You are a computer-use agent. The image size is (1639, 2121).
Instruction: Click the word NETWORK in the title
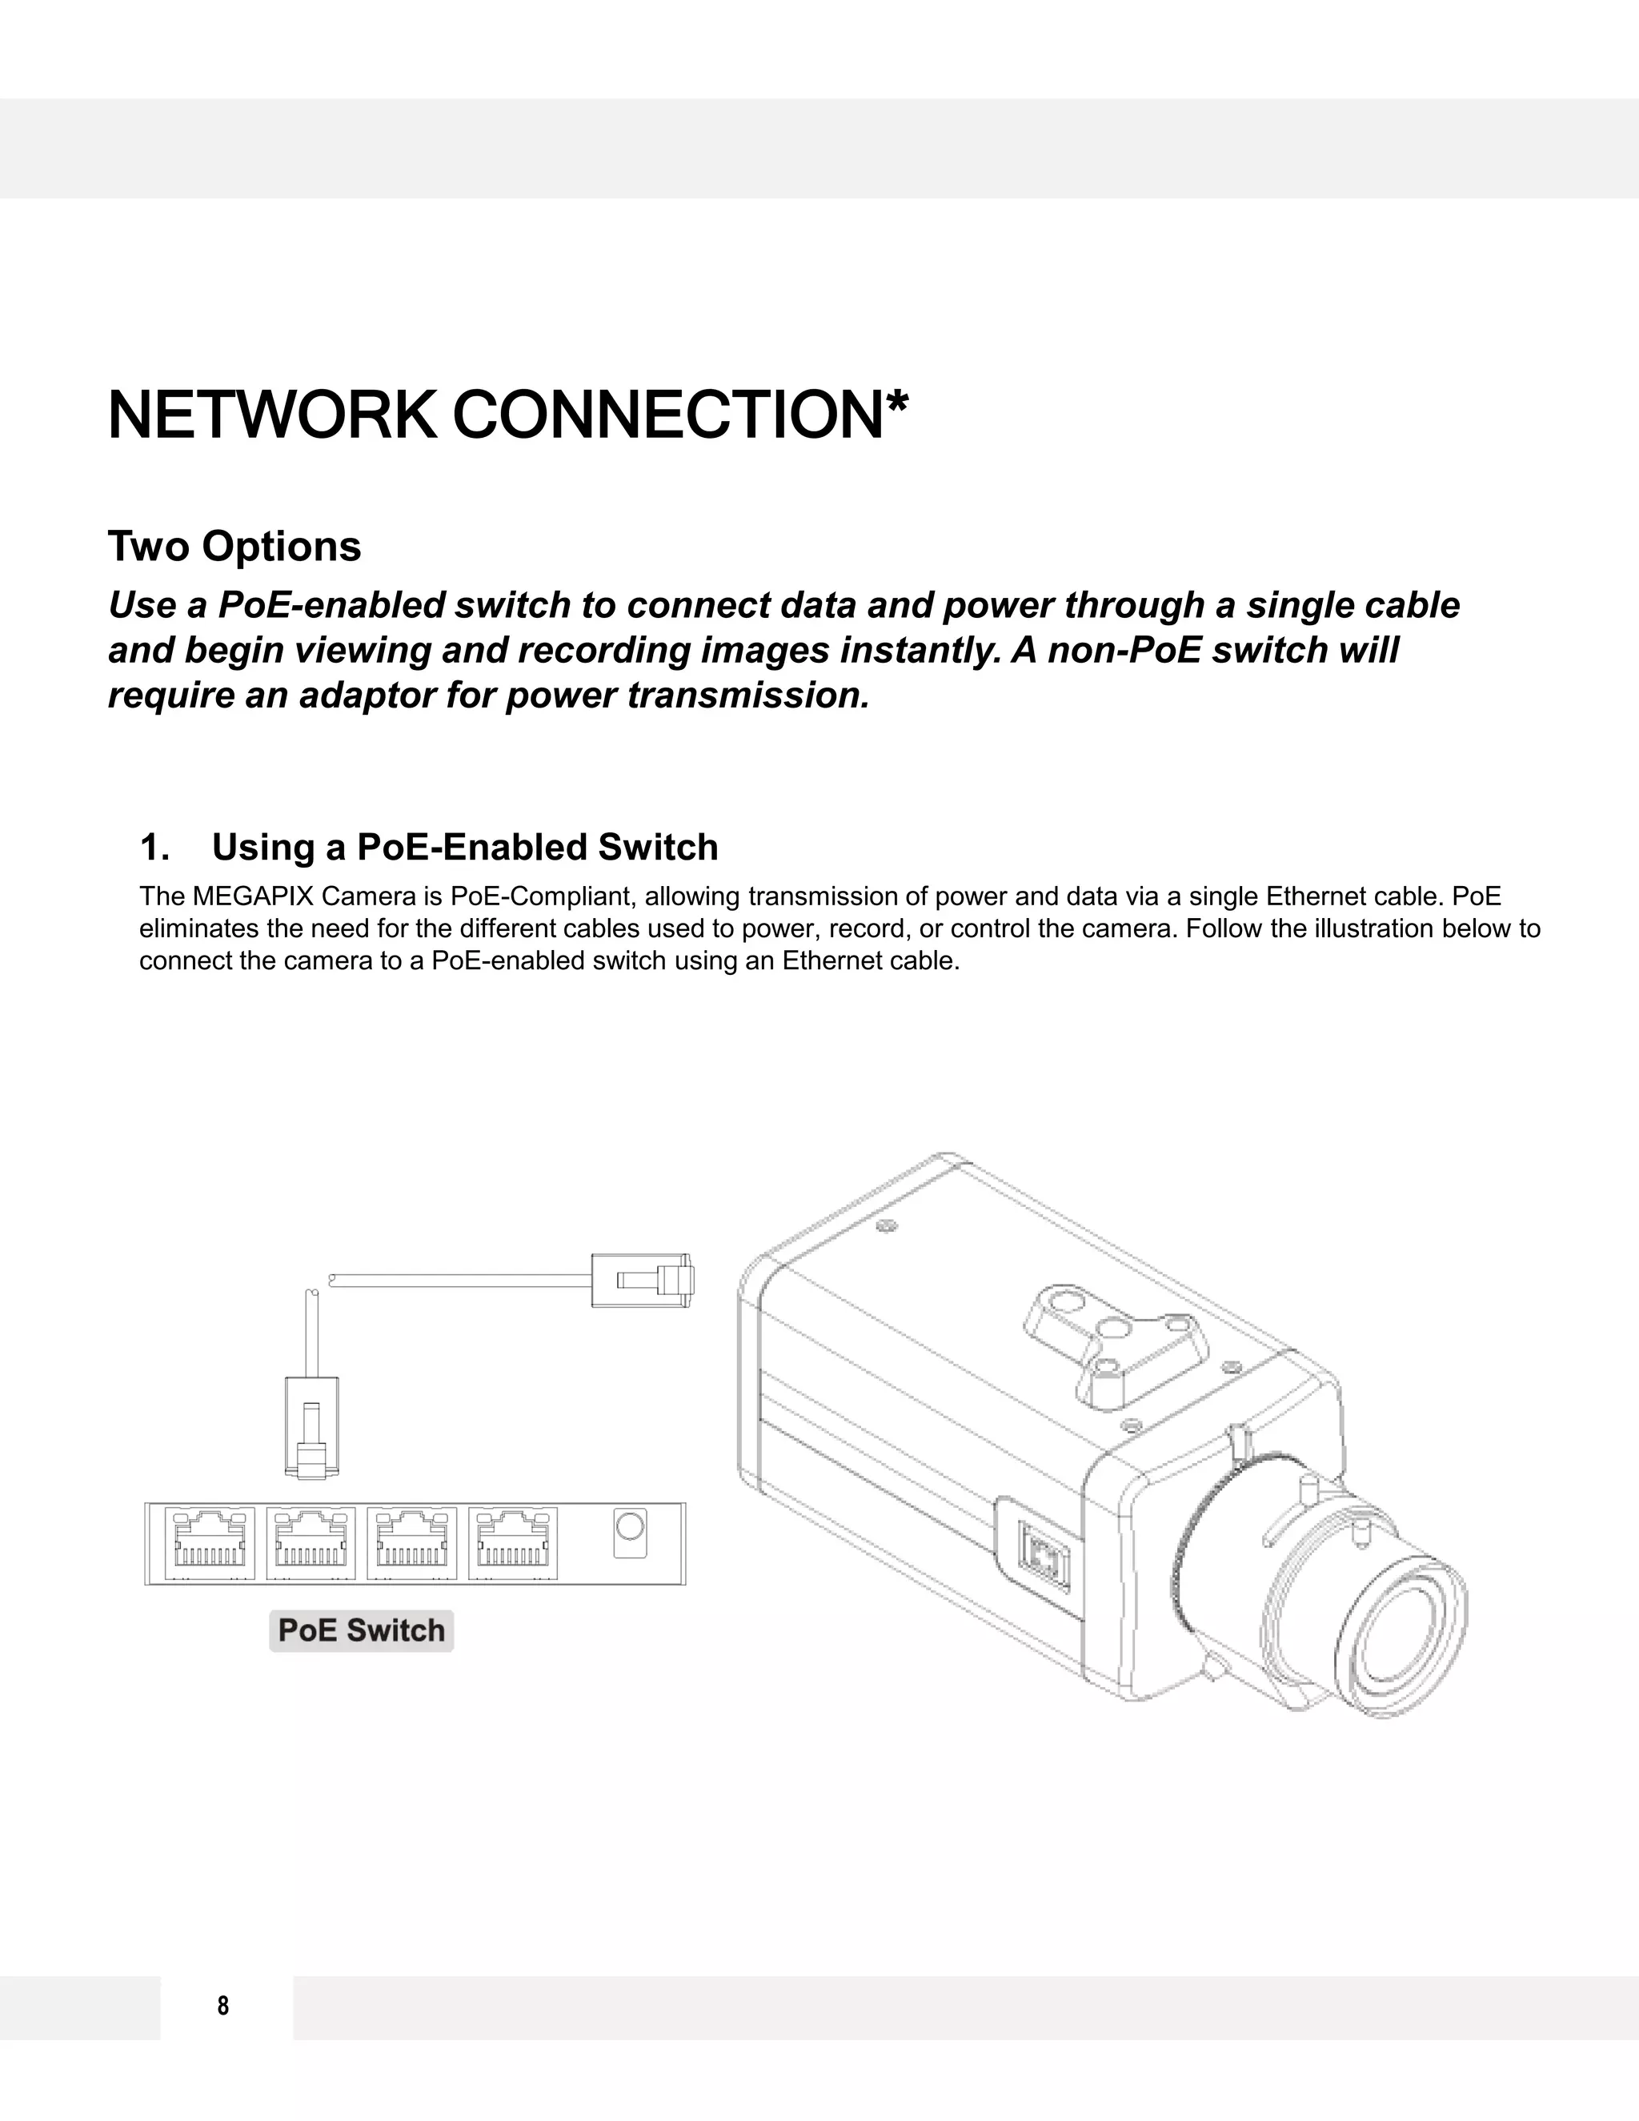tap(271, 415)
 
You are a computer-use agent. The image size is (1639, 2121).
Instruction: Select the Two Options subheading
tap(234, 547)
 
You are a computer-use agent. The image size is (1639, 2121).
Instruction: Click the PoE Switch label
tap(361, 1630)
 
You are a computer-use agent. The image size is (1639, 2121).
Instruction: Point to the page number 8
tap(223, 2007)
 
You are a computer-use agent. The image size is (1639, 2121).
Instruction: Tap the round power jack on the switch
tap(630, 1528)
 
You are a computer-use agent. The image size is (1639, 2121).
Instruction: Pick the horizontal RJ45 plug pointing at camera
tap(642, 1280)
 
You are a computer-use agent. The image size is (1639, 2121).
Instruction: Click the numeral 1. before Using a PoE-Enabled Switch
tap(154, 848)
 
